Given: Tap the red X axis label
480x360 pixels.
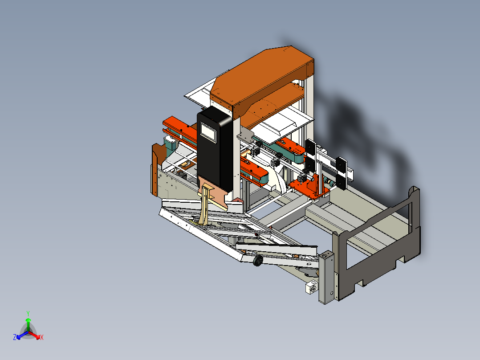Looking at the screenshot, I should point(42,338).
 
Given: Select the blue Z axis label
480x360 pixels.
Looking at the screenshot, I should point(14,338).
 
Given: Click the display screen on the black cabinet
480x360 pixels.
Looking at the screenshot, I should point(208,132).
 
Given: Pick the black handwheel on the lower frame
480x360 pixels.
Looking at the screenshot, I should point(257,262).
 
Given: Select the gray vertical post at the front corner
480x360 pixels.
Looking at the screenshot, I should point(326,276).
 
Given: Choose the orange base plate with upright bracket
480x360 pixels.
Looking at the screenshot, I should point(309,187).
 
